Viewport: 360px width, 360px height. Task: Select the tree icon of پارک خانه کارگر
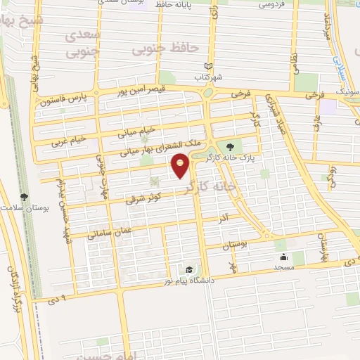[x=231, y=146]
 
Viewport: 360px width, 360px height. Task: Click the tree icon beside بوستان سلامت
[x=24, y=198]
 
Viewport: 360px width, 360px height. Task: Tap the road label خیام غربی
[x=68, y=140]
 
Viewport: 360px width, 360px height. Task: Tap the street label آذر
[x=224, y=219]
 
